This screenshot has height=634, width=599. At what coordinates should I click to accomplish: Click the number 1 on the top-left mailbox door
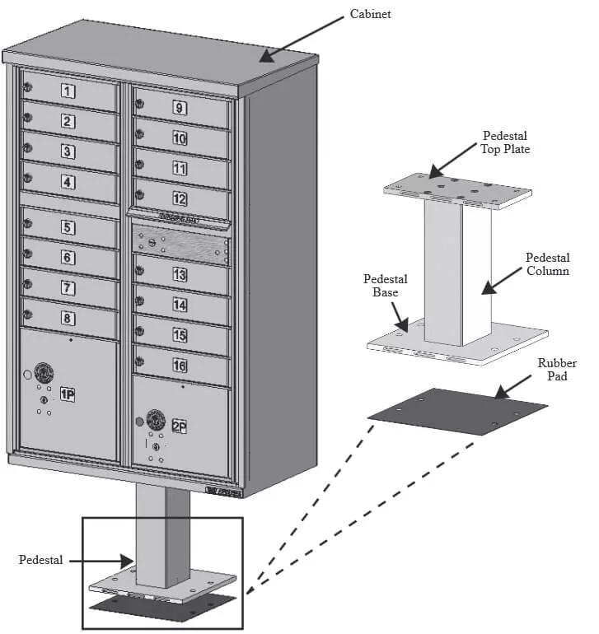pyautogui.click(x=69, y=91)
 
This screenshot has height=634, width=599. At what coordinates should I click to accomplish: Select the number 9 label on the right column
pyautogui.click(x=179, y=107)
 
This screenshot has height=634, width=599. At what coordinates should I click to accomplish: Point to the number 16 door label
pyautogui.click(x=179, y=365)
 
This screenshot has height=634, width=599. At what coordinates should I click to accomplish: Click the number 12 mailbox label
pyautogui.click(x=179, y=198)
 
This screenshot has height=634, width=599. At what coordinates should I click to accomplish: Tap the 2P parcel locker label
pyautogui.click(x=179, y=426)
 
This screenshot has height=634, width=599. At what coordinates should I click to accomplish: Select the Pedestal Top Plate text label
pyautogui.click(x=504, y=142)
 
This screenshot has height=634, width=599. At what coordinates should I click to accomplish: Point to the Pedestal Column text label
pyautogui.click(x=547, y=263)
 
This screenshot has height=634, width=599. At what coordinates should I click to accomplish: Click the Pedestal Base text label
pyautogui.click(x=385, y=285)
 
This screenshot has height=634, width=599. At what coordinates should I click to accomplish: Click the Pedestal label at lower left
pyautogui.click(x=40, y=560)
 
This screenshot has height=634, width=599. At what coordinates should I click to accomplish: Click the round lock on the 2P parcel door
pyautogui.click(x=153, y=417)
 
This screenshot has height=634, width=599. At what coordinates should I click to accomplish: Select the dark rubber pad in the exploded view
pyautogui.click(x=457, y=408)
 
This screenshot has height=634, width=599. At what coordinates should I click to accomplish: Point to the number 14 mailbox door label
pyautogui.click(x=179, y=305)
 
